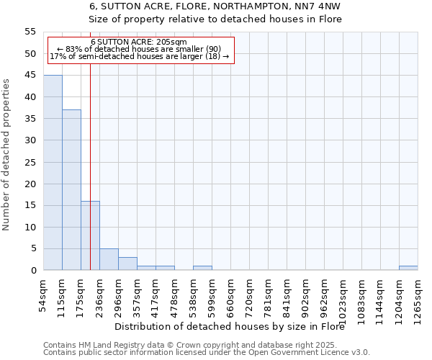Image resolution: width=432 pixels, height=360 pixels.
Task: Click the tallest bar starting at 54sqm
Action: pyautogui.click(x=53, y=173)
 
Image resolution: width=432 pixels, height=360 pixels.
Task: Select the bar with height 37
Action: pyautogui.click(x=71, y=190)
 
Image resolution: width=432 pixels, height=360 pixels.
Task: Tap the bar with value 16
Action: pyautogui.click(x=90, y=235)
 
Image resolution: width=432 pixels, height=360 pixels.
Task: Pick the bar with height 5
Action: pyautogui.click(x=109, y=259)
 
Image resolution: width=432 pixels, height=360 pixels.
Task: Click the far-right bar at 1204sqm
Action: pyautogui.click(x=408, y=268)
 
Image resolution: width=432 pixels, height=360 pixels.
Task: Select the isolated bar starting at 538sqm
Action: pyautogui.click(x=202, y=268)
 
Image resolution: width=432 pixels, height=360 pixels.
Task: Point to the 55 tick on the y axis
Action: pyautogui.click(x=30, y=32)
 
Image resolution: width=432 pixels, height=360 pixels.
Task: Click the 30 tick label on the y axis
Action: pyautogui.click(x=30, y=140)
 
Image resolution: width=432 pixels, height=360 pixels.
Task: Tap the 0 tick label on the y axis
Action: pyautogui.click(x=33, y=271)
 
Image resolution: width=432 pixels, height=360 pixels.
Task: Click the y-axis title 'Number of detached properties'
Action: pyautogui.click(x=6, y=155)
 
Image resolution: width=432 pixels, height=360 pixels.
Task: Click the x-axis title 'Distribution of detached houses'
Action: pyautogui.click(x=230, y=326)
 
